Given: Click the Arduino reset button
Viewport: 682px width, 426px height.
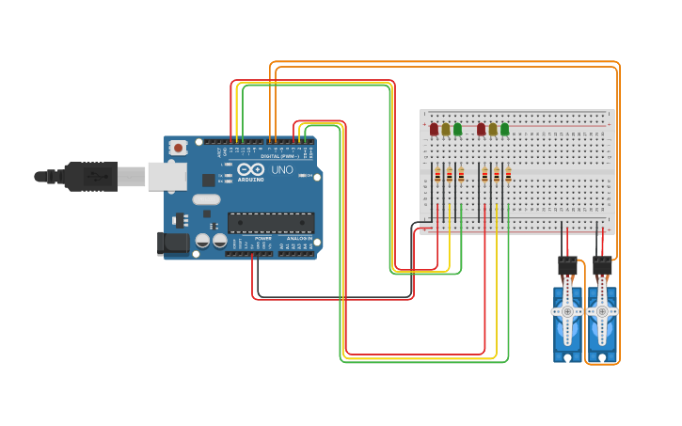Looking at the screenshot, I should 178,148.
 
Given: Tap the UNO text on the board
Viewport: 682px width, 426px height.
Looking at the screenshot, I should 282,170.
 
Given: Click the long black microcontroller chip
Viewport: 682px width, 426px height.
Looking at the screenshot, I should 271,223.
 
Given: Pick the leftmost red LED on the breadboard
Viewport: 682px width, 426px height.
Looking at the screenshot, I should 434,130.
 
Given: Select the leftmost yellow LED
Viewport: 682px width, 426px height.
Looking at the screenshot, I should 446,130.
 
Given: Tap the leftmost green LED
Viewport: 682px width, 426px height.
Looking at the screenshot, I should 458,130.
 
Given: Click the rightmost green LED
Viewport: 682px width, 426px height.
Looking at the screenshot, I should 505,130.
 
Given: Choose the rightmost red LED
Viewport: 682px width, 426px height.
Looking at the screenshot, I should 481,130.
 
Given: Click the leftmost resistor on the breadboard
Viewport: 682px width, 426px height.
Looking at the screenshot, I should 437,174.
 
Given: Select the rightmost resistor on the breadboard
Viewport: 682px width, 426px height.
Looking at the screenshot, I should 509,174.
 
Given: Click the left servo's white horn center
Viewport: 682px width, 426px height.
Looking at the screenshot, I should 567,311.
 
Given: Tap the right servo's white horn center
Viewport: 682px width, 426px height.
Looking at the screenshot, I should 603,311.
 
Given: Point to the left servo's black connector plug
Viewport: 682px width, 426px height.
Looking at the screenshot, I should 567,266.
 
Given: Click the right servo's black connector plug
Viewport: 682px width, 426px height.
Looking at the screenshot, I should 602,266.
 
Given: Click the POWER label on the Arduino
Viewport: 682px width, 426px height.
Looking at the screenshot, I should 262,239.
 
